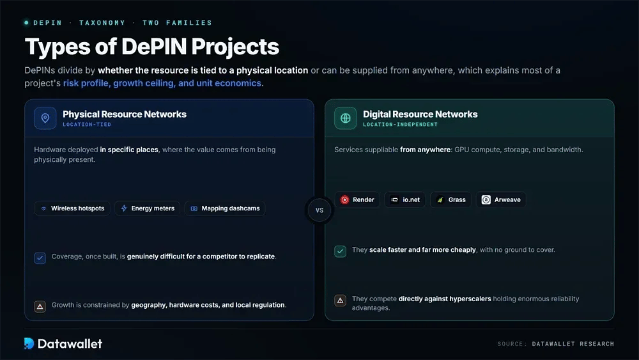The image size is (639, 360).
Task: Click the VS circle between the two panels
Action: point(319,210)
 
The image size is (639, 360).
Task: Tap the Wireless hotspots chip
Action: point(72,208)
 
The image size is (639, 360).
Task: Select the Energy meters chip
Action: point(147,208)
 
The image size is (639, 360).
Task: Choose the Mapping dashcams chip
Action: point(225,208)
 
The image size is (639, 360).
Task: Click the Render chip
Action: point(357,200)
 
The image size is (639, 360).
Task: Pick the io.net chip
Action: point(404,200)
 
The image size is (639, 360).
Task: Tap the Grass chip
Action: point(450,200)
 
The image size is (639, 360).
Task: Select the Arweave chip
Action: point(501,200)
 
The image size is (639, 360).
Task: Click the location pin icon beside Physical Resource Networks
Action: point(45,118)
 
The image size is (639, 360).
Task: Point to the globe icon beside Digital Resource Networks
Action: point(346,118)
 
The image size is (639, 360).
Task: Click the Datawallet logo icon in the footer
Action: point(29,343)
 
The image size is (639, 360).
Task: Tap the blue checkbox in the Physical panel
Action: point(40,258)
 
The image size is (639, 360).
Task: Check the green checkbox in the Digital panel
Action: point(341,251)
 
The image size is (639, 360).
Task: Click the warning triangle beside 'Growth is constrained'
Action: point(40,306)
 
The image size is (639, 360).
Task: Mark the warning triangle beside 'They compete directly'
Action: point(341,301)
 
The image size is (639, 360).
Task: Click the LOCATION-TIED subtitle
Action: point(87,124)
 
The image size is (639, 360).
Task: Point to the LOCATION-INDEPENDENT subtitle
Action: point(400,124)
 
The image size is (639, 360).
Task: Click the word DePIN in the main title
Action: point(154,47)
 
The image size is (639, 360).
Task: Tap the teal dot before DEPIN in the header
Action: point(26,23)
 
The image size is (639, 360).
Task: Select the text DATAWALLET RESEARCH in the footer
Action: point(573,344)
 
